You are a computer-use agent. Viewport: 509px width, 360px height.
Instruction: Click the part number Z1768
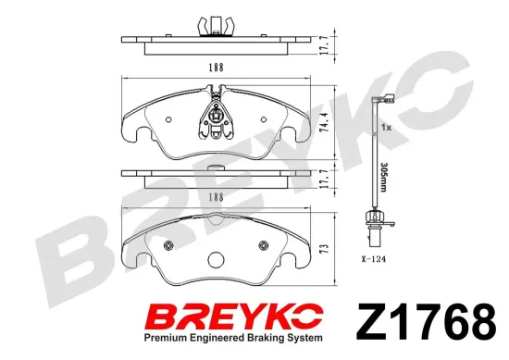coord(427,321)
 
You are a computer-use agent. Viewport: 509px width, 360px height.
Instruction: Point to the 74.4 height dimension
coord(323,122)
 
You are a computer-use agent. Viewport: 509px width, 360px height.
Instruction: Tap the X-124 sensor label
coord(373,259)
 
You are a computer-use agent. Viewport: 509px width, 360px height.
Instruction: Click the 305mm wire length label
coord(383,178)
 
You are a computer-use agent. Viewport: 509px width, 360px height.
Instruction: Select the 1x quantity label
coord(386,128)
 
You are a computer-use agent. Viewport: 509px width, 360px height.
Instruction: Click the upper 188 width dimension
coord(217,68)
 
